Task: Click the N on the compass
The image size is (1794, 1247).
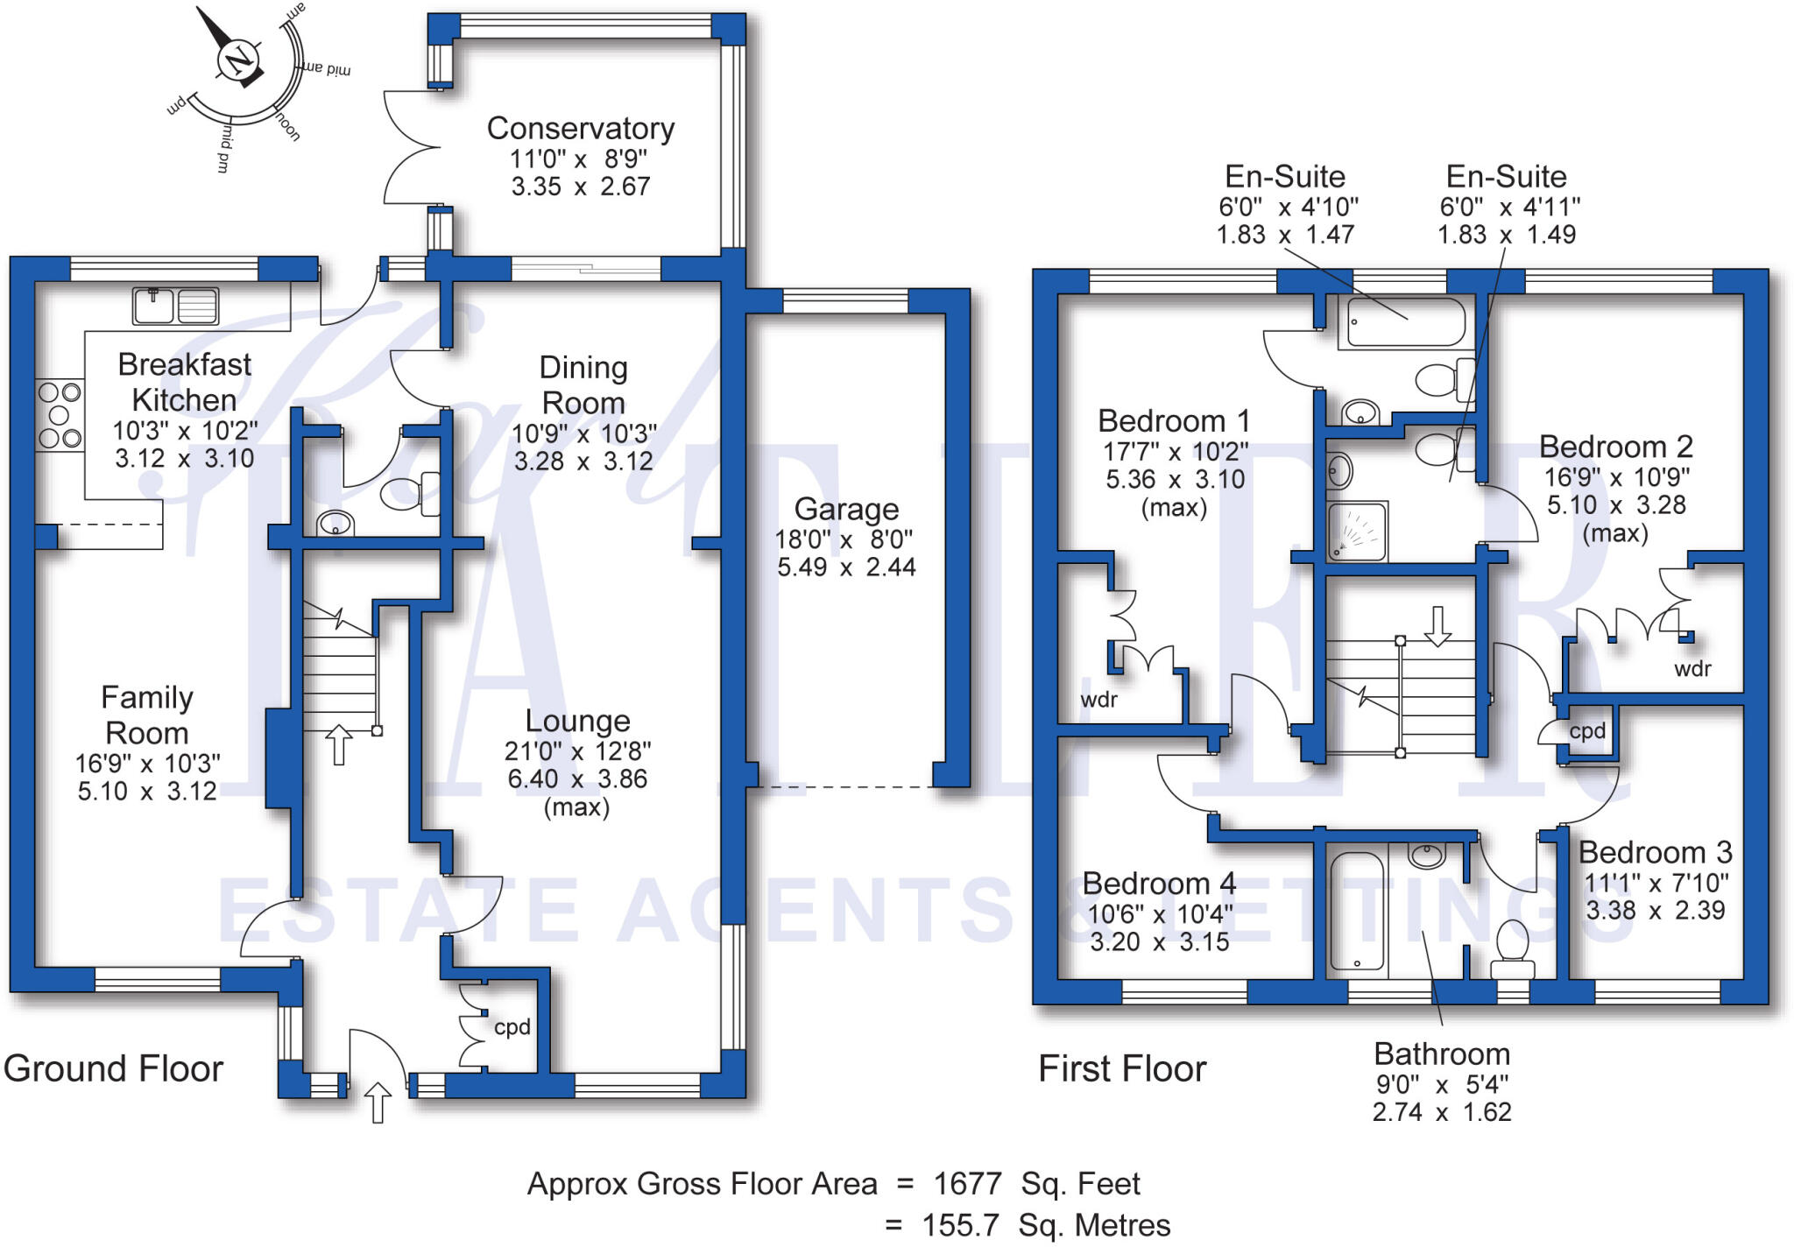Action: (238, 61)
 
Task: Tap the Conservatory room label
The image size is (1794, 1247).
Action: (581, 129)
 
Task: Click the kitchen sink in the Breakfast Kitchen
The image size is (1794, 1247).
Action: (175, 306)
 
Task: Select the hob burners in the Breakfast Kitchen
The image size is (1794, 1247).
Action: (60, 414)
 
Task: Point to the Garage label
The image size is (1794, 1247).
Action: (846, 509)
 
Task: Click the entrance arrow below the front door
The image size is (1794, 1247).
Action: (378, 1103)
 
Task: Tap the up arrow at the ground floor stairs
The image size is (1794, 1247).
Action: (339, 744)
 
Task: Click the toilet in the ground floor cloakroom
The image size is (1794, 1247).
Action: (410, 494)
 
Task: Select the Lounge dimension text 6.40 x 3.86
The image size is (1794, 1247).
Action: (577, 778)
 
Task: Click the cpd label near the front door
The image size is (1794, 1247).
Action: (512, 1027)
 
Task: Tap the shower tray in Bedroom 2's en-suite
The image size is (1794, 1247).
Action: (1358, 531)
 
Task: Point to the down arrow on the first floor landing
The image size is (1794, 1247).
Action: (1437, 626)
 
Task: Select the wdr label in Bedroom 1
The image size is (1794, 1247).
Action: (1098, 700)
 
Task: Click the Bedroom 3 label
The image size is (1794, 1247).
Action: (1655, 852)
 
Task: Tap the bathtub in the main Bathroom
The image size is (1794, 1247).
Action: (1357, 912)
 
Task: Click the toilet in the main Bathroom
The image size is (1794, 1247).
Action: (1513, 949)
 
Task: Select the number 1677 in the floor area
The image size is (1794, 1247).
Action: (967, 1184)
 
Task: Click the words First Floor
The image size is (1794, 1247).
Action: (1122, 1068)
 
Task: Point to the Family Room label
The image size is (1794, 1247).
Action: (147, 715)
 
